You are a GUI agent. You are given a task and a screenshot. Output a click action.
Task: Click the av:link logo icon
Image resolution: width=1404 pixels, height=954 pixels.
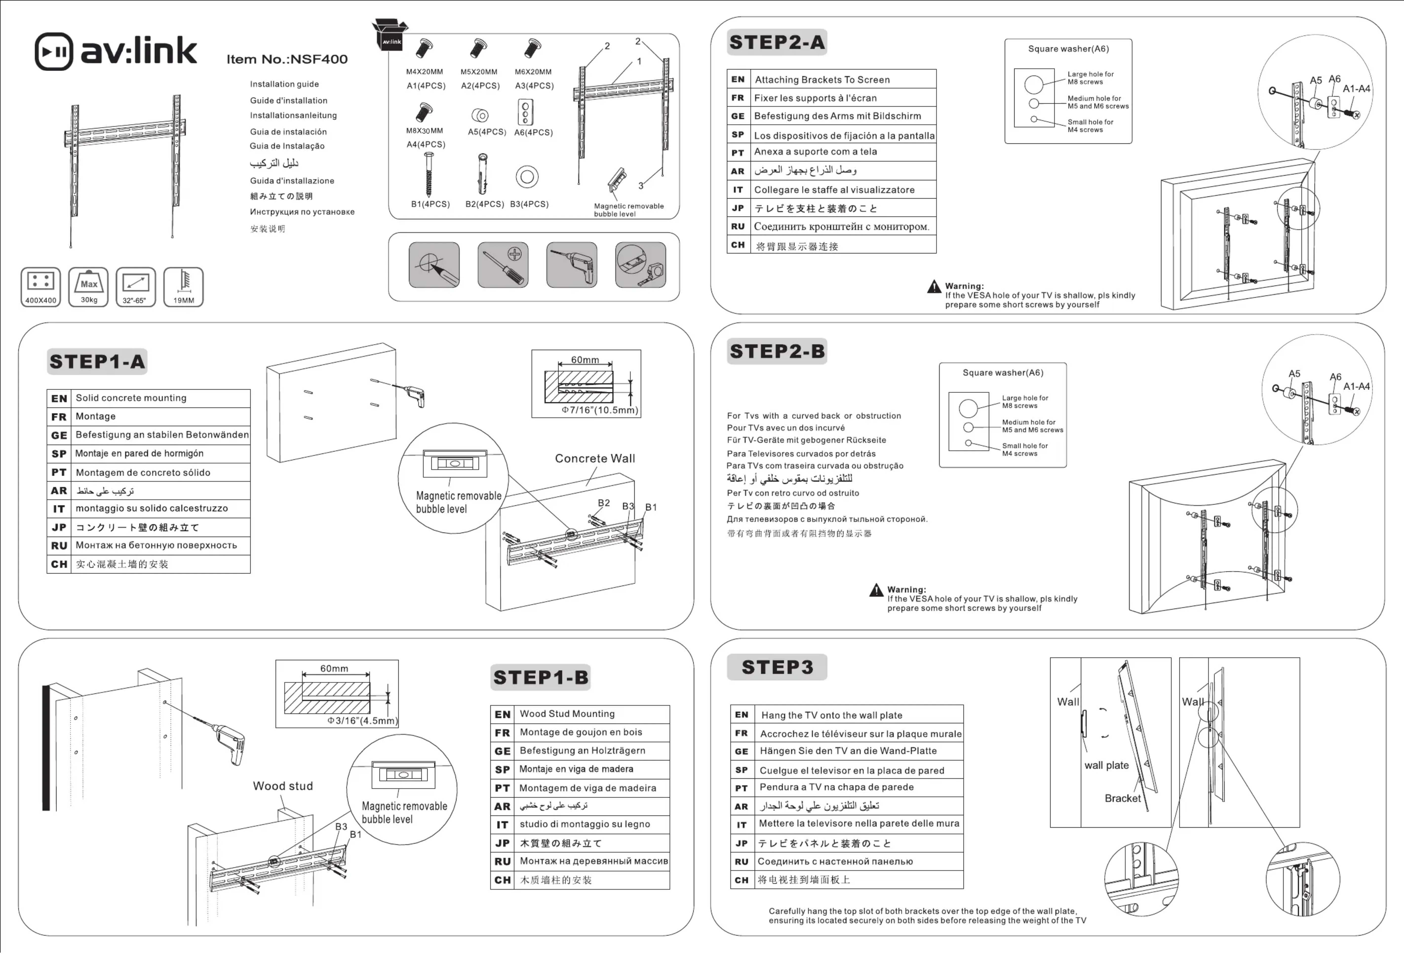[54, 51]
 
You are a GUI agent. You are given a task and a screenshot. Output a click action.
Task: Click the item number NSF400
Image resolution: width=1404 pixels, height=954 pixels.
[287, 59]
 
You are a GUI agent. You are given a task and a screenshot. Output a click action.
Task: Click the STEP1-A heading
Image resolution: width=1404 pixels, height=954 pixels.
[97, 362]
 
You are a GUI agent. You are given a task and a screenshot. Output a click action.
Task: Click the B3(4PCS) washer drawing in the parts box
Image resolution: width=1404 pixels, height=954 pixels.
[527, 177]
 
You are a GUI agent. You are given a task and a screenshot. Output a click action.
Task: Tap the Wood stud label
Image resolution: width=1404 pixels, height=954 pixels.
[283, 786]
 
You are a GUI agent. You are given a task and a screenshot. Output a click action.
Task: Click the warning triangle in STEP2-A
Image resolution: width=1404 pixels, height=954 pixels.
[934, 287]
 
